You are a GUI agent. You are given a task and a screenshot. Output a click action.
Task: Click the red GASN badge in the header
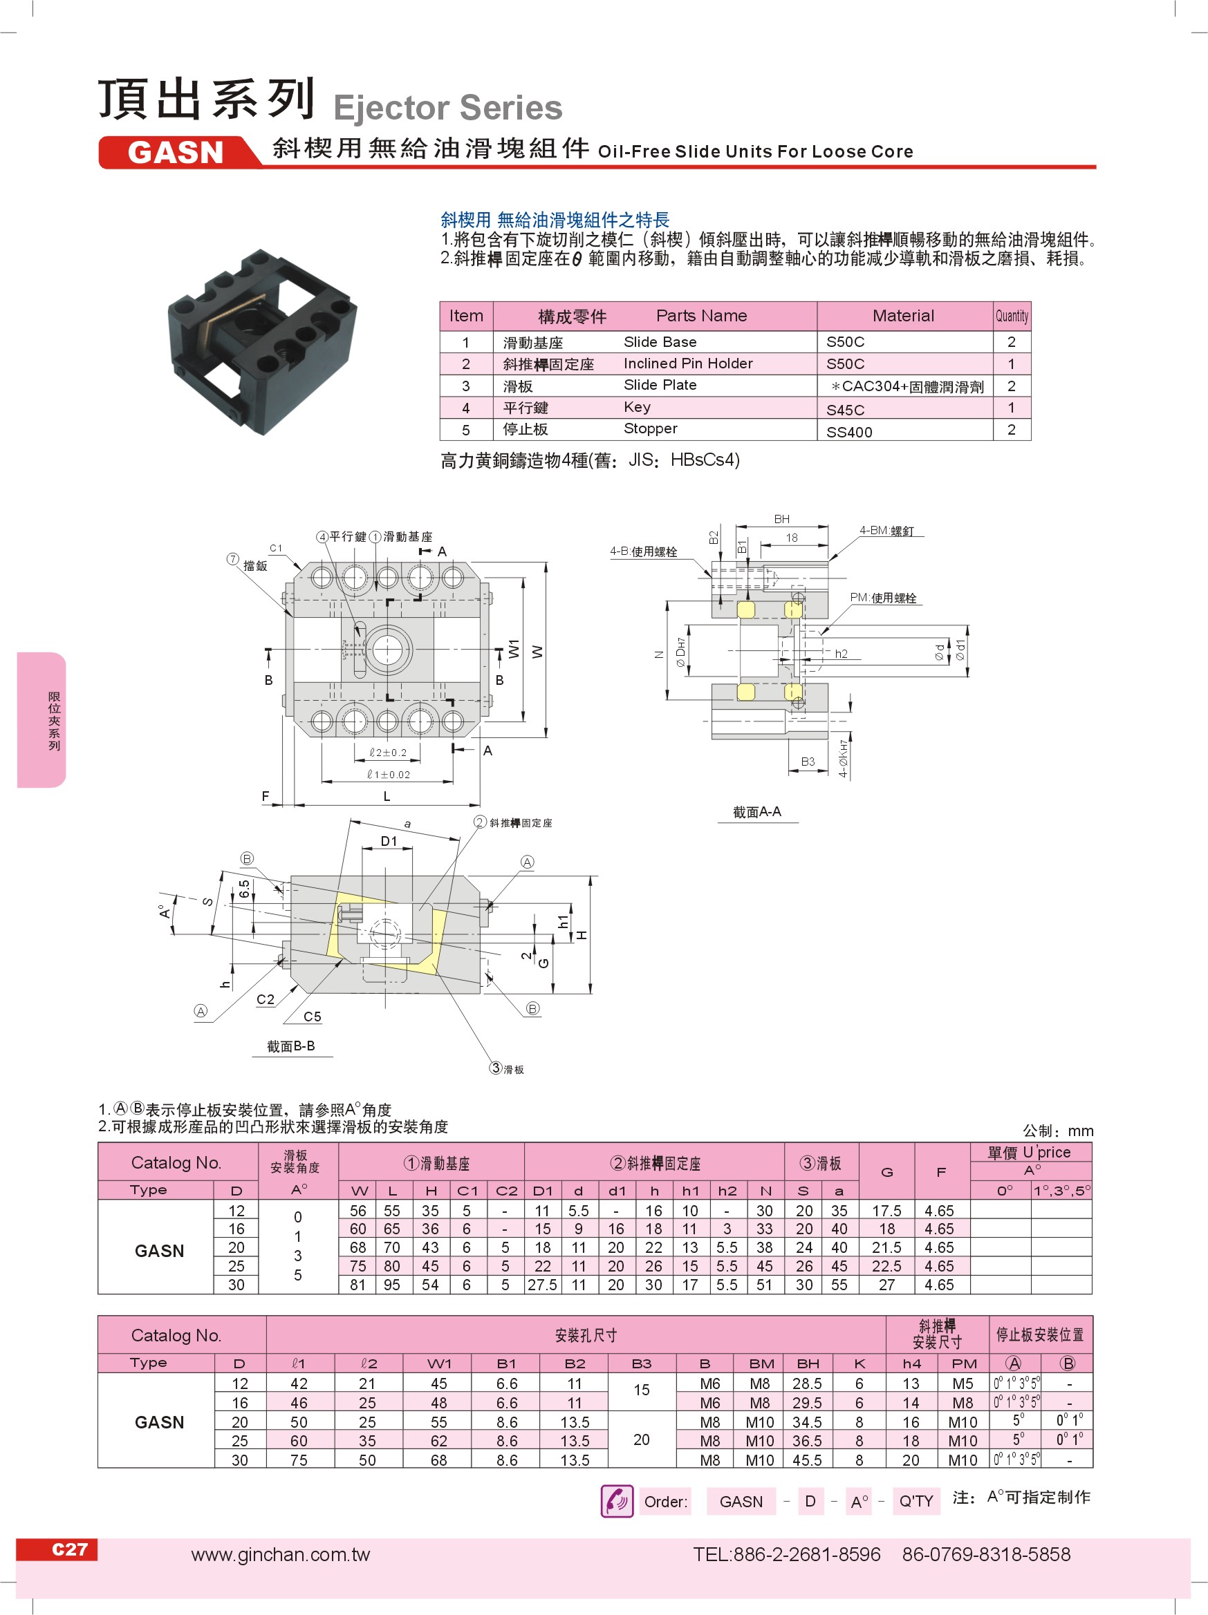pos(175,152)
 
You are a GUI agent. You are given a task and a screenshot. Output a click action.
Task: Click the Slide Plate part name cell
pos(660,385)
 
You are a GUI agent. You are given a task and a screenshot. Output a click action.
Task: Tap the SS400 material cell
pos(848,431)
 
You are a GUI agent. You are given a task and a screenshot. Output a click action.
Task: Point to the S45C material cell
pos(845,410)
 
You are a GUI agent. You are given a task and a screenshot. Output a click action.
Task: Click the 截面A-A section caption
pos(756,811)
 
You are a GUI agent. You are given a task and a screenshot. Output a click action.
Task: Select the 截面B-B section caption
pos(290,1046)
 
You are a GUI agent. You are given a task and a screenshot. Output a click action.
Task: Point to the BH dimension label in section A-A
pos(781,519)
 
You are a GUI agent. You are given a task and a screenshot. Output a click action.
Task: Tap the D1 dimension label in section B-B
pos(389,841)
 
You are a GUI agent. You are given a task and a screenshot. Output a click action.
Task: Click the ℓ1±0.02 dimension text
pos(389,775)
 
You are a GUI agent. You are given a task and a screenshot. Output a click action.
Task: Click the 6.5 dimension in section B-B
pos(244,888)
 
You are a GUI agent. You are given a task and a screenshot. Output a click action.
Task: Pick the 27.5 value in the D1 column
pos(542,1285)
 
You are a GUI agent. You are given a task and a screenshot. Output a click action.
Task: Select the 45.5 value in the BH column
pos(807,1460)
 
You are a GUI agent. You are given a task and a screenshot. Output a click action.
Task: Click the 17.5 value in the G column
pos(886,1211)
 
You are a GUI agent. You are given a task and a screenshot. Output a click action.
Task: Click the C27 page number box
pos(68,1549)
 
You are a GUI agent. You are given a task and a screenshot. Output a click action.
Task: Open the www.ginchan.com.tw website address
pos(281,1554)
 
